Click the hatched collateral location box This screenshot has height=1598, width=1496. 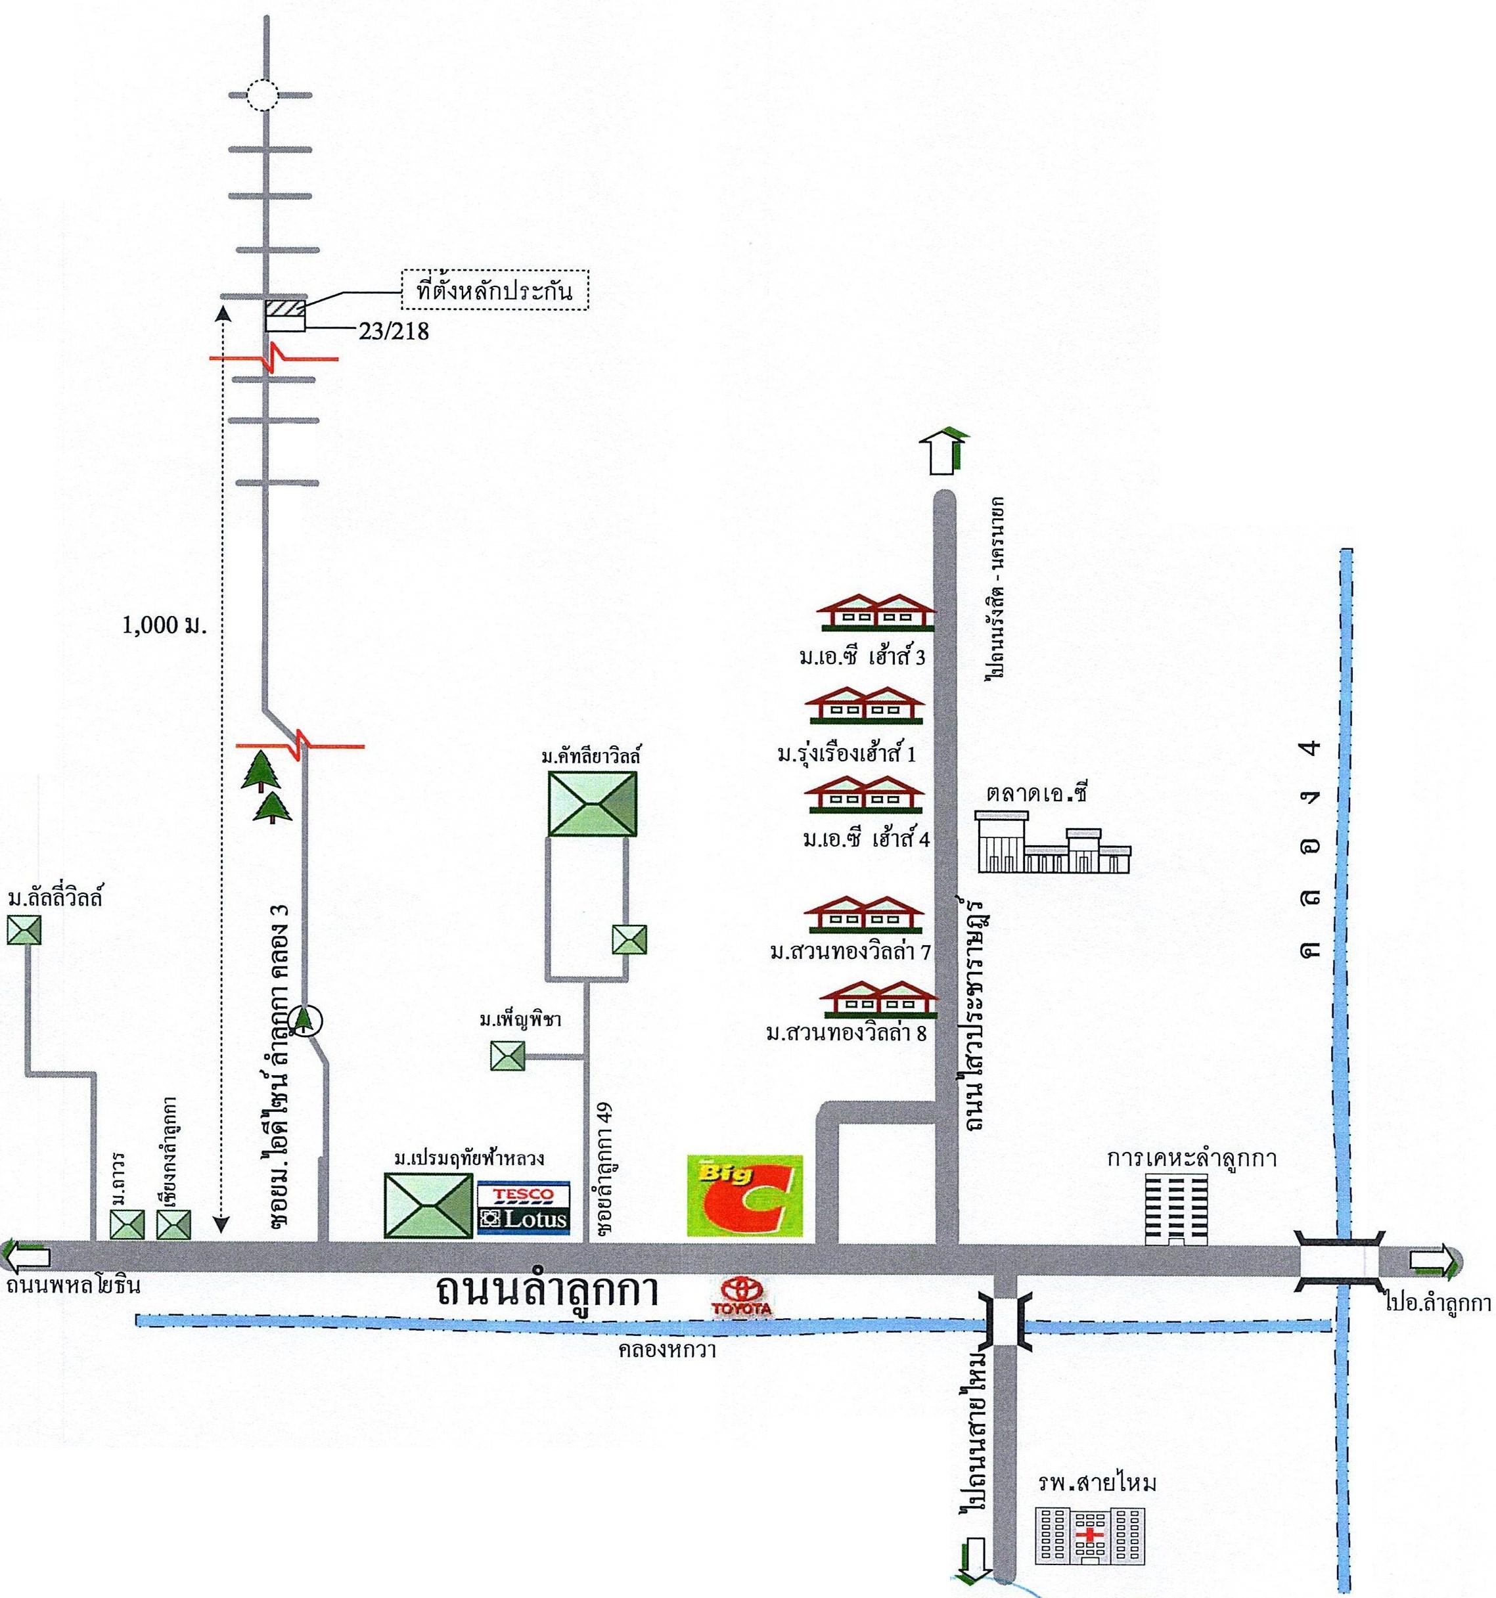coord(284,308)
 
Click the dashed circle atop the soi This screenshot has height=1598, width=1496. coord(262,97)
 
